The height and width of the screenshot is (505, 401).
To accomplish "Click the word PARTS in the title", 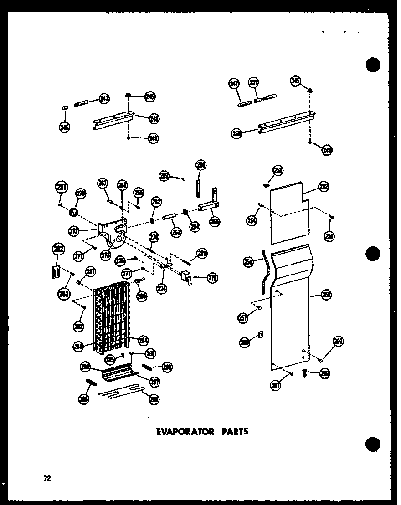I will pyautogui.click(x=233, y=431).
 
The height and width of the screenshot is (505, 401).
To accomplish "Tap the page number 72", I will pyautogui.click(x=47, y=478).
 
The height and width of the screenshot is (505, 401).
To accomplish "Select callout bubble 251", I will pyautogui.click(x=253, y=83).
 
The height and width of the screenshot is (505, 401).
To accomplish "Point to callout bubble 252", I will pyautogui.click(x=324, y=187).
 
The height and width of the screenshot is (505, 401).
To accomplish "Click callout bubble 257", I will pyautogui.click(x=243, y=317).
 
